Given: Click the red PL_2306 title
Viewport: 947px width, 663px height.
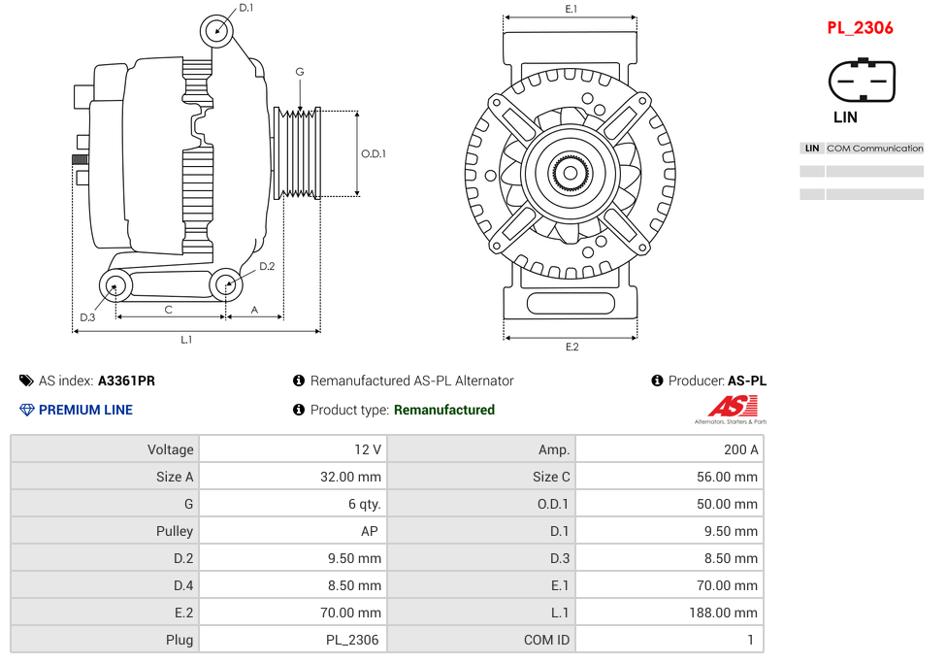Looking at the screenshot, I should click(860, 28).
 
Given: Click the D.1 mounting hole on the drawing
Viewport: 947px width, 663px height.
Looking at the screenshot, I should click(217, 30).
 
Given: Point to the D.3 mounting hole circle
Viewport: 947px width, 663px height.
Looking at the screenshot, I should click(116, 286).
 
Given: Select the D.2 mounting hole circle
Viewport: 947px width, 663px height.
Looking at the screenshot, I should click(226, 284).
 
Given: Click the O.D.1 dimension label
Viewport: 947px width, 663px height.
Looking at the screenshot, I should click(374, 153).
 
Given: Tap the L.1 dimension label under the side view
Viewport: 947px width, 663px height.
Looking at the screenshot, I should click(185, 340).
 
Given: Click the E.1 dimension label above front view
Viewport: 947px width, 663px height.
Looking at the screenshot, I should click(571, 9).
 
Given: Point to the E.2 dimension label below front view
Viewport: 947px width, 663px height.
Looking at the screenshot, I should click(571, 347).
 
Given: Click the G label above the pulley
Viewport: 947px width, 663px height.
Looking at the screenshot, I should click(300, 72).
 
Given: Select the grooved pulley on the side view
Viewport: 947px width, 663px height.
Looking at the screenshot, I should click(298, 153).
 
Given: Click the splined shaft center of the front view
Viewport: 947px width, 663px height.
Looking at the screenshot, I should click(571, 175).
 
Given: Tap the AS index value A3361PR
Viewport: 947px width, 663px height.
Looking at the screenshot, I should click(126, 381).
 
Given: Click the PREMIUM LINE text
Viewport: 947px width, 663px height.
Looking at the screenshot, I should click(85, 410).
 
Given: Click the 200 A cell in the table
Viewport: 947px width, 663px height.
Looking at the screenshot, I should click(741, 449).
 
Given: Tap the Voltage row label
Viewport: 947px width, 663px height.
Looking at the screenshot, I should click(171, 449).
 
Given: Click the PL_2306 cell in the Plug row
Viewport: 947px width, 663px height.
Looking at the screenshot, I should click(352, 640).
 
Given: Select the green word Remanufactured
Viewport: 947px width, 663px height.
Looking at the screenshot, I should click(443, 410).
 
